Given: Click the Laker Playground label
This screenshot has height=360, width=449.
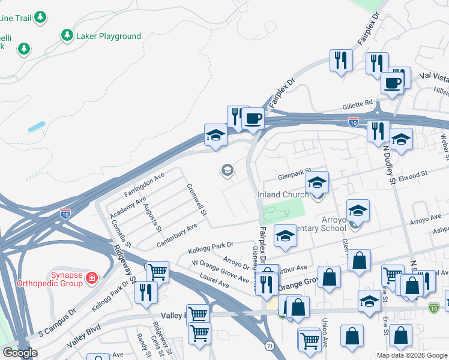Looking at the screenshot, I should (109, 36).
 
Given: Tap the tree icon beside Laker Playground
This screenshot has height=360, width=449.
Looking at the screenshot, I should (67, 36).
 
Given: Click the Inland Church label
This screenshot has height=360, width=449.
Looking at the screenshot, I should (283, 194).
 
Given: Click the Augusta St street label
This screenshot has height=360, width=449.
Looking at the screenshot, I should (152, 217).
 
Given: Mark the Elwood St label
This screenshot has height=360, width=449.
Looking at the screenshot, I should (411, 175).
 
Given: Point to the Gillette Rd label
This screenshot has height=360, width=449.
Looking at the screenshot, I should (358, 104).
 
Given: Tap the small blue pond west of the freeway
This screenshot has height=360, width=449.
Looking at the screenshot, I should (35, 127).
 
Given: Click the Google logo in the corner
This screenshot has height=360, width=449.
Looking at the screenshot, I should (19, 353).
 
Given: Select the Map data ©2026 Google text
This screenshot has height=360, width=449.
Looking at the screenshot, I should (412, 355).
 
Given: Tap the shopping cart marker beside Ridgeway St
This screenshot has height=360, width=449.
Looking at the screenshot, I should (157, 271).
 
